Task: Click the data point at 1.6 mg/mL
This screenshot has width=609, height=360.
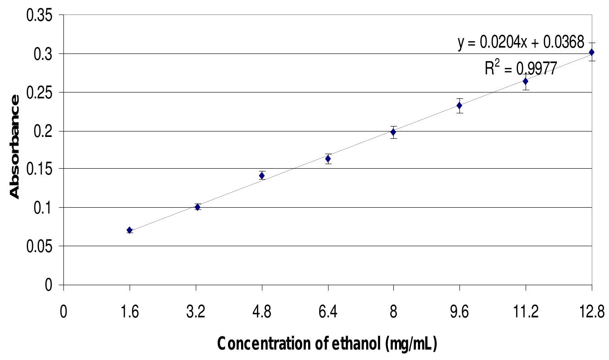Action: tap(130, 230)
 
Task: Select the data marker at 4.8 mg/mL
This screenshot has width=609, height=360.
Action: tap(262, 175)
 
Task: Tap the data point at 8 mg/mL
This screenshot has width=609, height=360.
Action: tap(393, 132)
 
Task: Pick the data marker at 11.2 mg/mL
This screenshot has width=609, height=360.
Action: tap(526, 81)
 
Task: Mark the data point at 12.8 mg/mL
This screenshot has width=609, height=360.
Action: tap(591, 53)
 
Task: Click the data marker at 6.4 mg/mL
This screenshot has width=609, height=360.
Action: tap(328, 159)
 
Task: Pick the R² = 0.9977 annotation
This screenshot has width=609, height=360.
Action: tap(520, 69)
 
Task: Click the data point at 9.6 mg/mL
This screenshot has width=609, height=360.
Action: tap(459, 106)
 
